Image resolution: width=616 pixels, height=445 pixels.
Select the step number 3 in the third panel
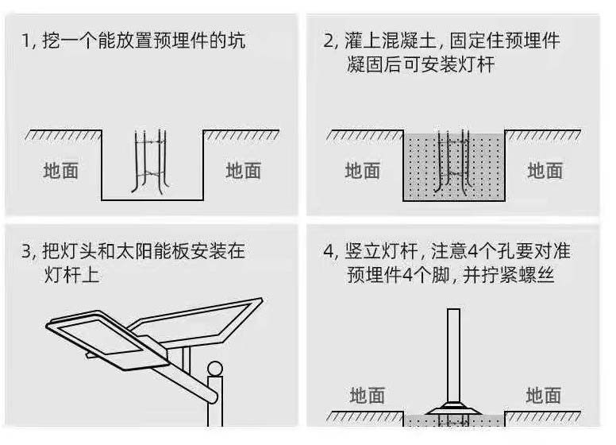(25, 252)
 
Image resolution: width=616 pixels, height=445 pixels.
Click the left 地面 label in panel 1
(61, 170)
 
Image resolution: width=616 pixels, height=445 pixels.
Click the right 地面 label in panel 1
(244, 170)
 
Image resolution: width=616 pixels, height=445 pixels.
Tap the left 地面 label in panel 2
(363, 170)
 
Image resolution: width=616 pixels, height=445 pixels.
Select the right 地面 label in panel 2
(545, 170)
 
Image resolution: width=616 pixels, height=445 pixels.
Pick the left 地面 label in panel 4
(367, 395)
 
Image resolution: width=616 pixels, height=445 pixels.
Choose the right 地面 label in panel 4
(544, 395)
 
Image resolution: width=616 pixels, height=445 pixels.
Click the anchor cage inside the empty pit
(151, 161)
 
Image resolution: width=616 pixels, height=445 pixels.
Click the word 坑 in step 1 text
(236, 41)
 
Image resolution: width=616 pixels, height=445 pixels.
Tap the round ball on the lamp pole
(214, 369)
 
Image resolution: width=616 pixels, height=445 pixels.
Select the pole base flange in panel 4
(454, 411)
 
